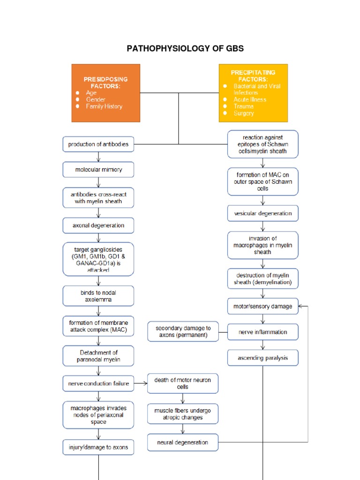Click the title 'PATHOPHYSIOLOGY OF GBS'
pos(185,49)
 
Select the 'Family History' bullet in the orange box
pos(104,106)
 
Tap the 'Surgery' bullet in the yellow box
pos(243,113)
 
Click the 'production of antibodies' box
pos(98,144)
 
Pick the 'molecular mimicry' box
pos(98,170)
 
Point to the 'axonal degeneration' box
pos(98,225)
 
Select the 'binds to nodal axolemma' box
pos(98,296)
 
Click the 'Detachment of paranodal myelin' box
pos(98,356)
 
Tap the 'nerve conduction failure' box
pos(98,383)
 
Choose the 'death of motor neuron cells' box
pos(183,383)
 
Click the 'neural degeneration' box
pos(183,442)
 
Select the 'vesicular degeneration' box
pos(262,213)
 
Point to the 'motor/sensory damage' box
pos(262,307)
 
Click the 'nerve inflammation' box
pos(262,332)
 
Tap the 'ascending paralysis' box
pos(262,358)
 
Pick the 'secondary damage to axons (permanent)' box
pos(183,332)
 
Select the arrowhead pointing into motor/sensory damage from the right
pos(301,307)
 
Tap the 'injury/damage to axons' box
pos(98,447)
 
